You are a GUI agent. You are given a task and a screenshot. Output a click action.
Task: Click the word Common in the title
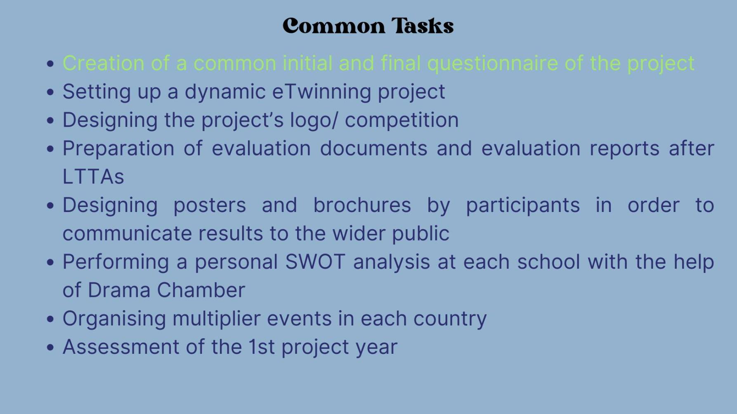point(334,26)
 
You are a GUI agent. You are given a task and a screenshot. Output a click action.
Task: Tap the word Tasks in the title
point(423,26)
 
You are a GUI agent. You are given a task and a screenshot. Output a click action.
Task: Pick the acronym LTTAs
point(93,177)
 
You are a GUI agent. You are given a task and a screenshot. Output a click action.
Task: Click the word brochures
point(362,205)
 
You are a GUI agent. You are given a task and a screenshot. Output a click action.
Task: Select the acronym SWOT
point(315,262)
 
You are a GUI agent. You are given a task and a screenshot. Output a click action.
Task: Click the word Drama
point(119,290)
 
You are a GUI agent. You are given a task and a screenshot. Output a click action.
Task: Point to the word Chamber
point(201,290)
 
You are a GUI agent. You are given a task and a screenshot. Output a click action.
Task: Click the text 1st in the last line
point(261,347)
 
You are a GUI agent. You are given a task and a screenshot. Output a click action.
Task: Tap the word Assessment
point(121,347)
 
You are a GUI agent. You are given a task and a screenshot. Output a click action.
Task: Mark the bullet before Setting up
point(50,92)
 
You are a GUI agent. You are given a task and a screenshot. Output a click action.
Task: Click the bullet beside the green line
point(50,64)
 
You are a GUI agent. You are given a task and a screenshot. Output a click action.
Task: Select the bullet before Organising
point(50,319)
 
